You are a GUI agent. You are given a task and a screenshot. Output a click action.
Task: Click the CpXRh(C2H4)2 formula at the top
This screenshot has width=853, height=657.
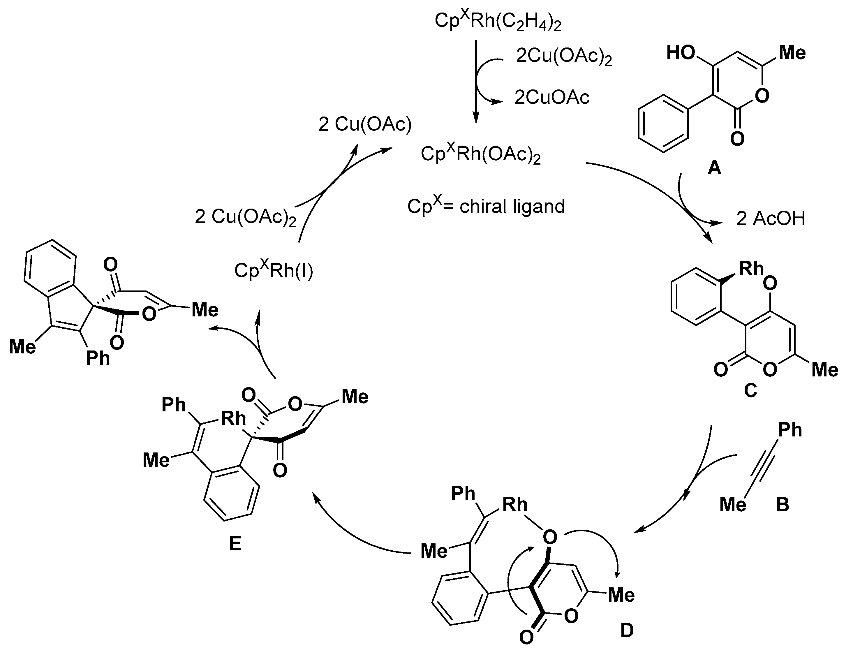498,22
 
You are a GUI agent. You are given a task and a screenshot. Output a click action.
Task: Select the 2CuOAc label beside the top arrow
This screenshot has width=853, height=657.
551,97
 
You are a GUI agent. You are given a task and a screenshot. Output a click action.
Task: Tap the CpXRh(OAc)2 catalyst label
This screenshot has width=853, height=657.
480,154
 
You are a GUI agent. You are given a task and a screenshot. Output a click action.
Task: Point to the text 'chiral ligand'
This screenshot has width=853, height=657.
512,206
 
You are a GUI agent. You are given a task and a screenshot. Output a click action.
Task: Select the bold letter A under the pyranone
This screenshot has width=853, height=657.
714,168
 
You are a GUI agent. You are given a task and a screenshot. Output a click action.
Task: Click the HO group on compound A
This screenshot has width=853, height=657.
680,53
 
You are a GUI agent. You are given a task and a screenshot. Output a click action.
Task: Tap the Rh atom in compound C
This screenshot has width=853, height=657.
751,269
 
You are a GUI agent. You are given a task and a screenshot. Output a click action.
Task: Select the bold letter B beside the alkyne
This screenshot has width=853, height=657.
782,504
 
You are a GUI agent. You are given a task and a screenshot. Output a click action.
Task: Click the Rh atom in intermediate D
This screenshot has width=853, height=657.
514,505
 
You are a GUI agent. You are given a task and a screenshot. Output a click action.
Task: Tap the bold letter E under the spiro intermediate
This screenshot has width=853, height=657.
235,543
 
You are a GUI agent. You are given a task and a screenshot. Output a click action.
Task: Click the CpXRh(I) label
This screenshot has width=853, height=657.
273,270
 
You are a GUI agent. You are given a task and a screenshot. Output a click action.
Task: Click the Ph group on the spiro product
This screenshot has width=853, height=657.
98,357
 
